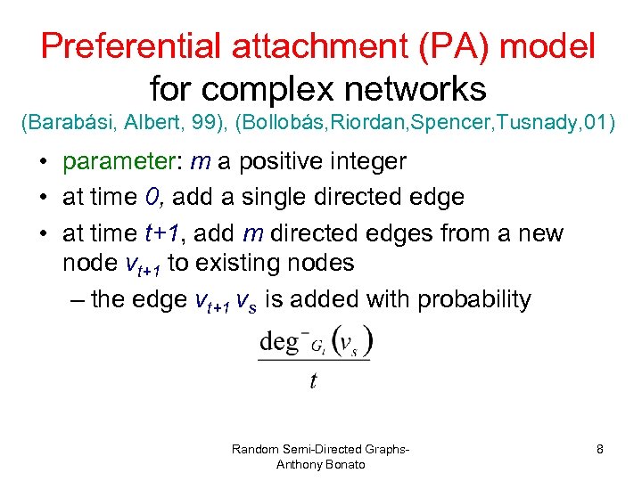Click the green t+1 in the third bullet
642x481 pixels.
click(x=161, y=233)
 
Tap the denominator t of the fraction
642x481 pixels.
click(x=313, y=381)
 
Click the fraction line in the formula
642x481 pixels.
click(x=314, y=361)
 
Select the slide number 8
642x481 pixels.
click(x=600, y=450)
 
